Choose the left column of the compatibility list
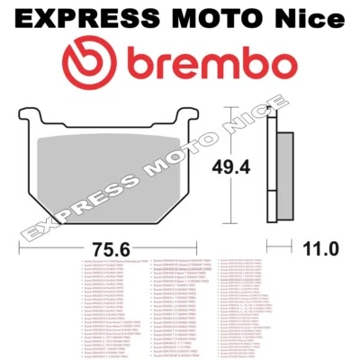pyautogui.click(x=112, y=306)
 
